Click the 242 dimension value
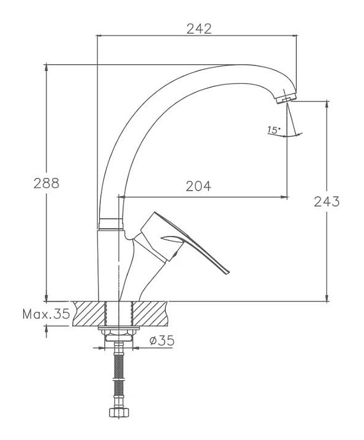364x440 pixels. tap(199, 29)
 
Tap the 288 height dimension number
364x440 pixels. tap(46, 183)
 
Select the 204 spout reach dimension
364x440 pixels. tap(198, 186)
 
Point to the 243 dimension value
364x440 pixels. tap(327, 202)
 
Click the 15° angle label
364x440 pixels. tap(274, 130)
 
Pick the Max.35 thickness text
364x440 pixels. tap(46, 313)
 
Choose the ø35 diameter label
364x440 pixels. tap(162, 340)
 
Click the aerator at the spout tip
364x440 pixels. tap(286, 98)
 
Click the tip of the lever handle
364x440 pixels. tap(228, 272)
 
